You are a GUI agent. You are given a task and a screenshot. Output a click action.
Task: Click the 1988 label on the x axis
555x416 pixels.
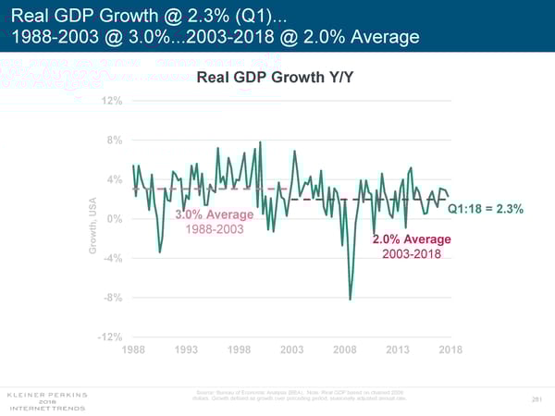(134, 349)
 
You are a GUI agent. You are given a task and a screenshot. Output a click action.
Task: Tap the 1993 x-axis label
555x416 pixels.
(187, 349)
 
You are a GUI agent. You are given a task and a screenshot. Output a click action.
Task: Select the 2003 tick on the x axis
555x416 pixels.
(292, 349)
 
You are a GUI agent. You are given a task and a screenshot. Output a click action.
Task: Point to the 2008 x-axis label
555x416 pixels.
(345, 349)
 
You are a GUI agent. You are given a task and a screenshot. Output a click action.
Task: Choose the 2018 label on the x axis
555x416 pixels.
(450, 349)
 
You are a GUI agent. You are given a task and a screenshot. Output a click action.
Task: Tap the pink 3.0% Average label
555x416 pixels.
(215, 215)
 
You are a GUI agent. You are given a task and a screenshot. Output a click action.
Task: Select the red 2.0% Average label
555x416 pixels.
(412, 240)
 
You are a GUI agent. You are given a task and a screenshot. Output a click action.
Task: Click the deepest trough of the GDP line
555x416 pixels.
(350, 299)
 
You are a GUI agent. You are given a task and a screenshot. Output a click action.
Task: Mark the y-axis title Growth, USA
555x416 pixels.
(93, 228)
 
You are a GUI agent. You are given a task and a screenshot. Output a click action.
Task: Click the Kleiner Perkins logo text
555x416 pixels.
(46, 393)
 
